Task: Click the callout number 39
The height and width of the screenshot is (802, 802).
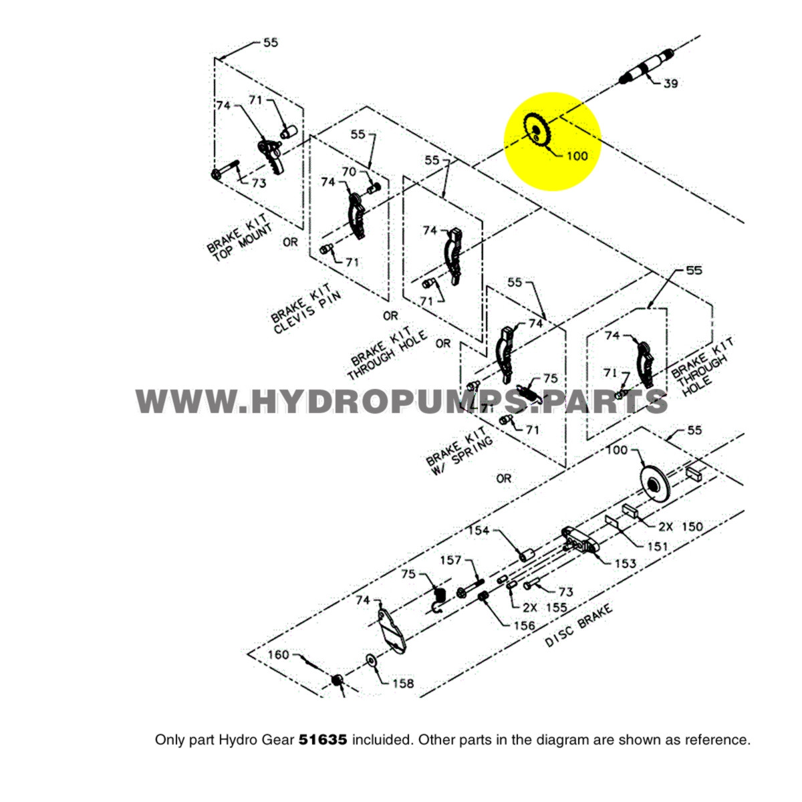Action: click(x=670, y=84)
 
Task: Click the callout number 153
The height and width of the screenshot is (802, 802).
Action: click(x=625, y=563)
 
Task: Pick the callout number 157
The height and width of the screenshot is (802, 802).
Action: click(x=450, y=560)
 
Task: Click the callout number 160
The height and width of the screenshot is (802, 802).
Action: click(x=279, y=654)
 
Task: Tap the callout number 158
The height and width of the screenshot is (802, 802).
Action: click(x=402, y=683)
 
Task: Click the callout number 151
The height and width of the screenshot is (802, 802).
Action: click(x=657, y=546)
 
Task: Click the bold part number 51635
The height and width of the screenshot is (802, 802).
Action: click(x=323, y=740)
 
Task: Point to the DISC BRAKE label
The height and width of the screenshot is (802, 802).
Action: click(x=579, y=626)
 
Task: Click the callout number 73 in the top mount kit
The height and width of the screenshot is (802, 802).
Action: click(x=258, y=182)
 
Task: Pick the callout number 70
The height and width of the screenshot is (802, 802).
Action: click(x=350, y=172)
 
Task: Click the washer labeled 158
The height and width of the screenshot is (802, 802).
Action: click(x=370, y=662)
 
